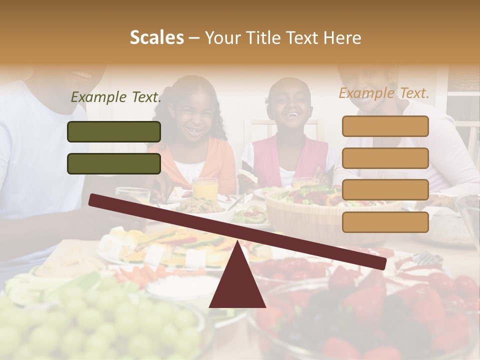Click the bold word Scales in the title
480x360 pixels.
(156, 37)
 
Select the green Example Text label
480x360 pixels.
(116, 97)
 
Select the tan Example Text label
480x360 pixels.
(384, 93)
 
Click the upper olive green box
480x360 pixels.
(114, 131)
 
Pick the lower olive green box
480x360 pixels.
(114, 163)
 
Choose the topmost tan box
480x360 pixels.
(385, 126)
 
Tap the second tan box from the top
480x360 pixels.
(385, 158)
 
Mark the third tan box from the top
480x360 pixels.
(385, 190)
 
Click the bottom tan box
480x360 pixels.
(385, 222)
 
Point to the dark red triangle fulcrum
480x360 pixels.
(237, 280)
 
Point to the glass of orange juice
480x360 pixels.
(205, 188)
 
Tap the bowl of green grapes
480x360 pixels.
(100, 325)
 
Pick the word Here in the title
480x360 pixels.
(342, 37)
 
